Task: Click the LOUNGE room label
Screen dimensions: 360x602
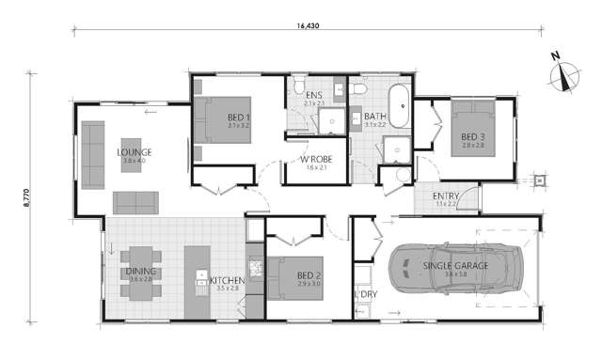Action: [x=135, y=152]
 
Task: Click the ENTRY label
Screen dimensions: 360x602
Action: [x=446, y=196]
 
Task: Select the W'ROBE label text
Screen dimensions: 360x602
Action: [x=313, y=160]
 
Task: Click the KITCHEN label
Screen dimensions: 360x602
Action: [x=228, y=280]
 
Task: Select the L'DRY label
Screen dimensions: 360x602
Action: [x=365, y=296]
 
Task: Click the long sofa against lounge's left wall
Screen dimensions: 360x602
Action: [x=92, y=152]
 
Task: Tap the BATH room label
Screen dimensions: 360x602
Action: [x=375, y=117]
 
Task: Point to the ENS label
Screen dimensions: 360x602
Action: [x=314, y=95]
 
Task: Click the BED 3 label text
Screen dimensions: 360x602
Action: [x=471, y=137]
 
